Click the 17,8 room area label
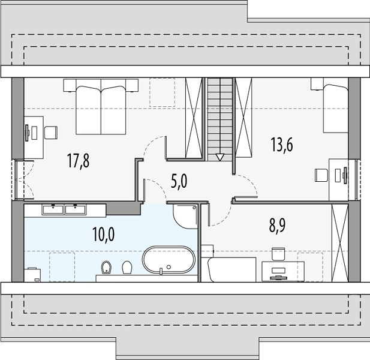[79, 161]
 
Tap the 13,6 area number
[282, 145]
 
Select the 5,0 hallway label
[179, 182]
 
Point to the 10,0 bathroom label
[104, 235]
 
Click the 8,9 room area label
[277, 226]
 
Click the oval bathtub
[169, 260]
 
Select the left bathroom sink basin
[53, 209]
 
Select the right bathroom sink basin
[76, 209]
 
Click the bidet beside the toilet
[106, 267]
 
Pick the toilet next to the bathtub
[127, 267]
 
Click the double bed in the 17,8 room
[101, 107]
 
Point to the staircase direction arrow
[219, 157]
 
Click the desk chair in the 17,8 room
[51, 133]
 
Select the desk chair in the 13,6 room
[321, 175]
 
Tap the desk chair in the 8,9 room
[278, 254]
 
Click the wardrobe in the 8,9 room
[340, 242]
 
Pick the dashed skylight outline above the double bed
[162, 92]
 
